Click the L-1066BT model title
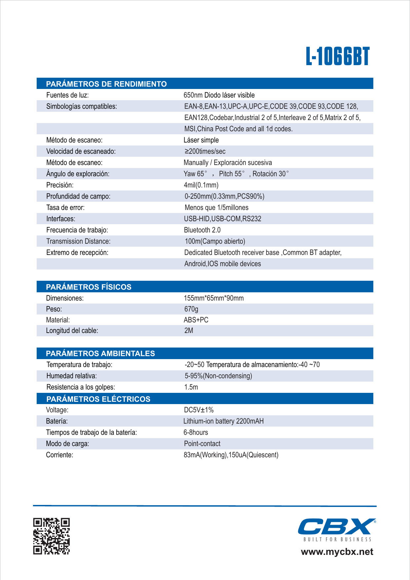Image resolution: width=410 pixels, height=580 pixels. click(337, 57)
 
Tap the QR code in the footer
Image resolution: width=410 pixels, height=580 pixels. click(51, 536)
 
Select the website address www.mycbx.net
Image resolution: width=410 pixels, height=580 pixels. click(337, 552)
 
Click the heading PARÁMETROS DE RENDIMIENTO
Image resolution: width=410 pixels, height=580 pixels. click(106, 84)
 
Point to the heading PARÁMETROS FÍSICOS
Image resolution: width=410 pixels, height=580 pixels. click(89, 287)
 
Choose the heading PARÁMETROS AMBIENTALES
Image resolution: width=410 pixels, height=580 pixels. click(100, 353)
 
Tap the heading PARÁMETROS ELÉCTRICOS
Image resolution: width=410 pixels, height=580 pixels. click(98, 399)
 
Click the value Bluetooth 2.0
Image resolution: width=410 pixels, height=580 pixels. click(202, 230)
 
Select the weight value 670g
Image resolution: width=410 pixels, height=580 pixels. click(191, 309)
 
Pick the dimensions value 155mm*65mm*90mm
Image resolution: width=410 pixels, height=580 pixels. click(214, 298)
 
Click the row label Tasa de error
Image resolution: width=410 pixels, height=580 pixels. click(65, 208)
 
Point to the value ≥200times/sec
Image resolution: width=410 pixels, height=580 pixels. click(205, 151)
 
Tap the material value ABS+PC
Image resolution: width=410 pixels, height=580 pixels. click(196, 320)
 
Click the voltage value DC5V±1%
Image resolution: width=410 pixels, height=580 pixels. click(199, 410)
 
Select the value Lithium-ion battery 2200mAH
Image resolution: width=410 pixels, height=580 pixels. click(223, 421)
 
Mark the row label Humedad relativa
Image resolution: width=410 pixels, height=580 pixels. click(72, 376)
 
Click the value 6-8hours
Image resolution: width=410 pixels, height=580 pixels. click(196, 433)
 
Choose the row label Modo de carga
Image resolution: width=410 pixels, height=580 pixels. click(67, 444)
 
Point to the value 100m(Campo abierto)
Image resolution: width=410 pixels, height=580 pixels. click(215, 241)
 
